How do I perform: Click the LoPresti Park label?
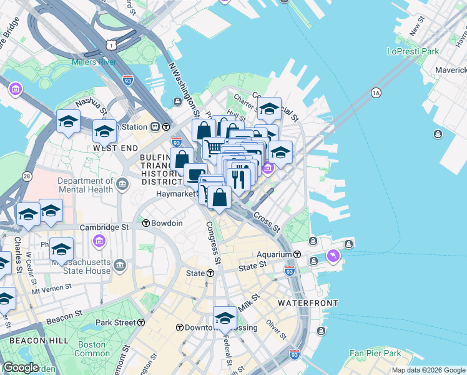(x=413, y=51)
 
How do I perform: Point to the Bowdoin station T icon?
(x=145, y=223)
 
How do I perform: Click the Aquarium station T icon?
(x=297, y=255)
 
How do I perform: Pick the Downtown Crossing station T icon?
(x=179, y=327)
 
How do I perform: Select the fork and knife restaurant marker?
(x=239, y=178)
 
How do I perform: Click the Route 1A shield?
(x=375, y=93)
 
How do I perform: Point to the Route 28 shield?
(x=26, y=177)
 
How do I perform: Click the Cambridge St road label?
(x=107, y=227)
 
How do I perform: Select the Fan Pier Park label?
(x=375, y=353)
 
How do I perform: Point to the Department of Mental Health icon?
(x=122, y=183)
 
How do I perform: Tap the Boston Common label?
(x=92, y=349)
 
